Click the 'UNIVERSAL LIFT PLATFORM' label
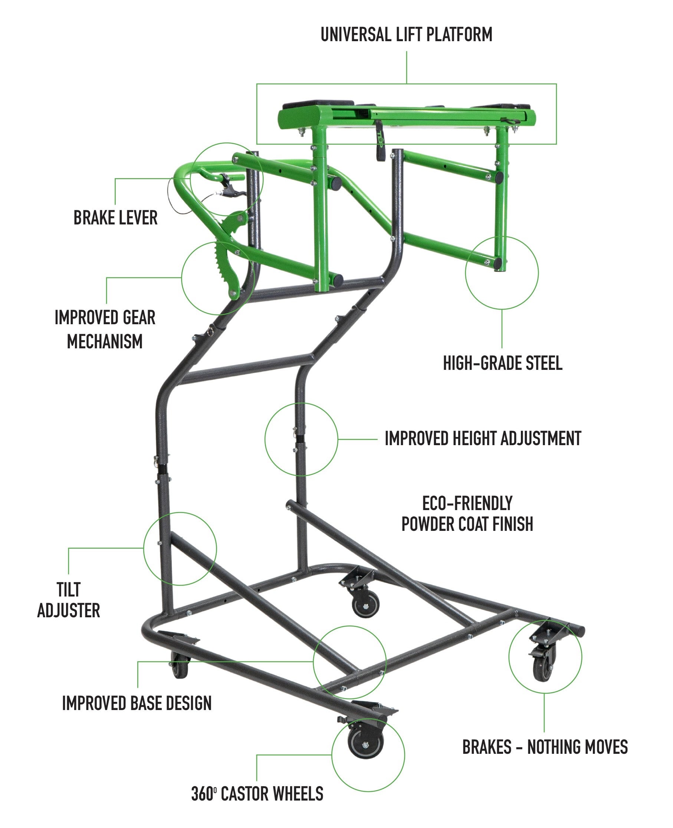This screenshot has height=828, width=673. (x=406, y=34)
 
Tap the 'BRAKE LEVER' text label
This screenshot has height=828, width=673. (x=115, y=217)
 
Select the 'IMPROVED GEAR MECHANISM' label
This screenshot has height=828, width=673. (x=105, y=329)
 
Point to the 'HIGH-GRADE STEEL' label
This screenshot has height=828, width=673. (x=502, y=363)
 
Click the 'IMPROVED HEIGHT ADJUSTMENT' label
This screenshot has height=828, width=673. (x=483, y=438)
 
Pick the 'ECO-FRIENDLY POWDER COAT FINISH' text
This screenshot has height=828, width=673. (x=467, y=514)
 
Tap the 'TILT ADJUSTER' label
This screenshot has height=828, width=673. (x=69, y=600)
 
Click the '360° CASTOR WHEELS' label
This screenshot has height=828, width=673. (x=257, y=793)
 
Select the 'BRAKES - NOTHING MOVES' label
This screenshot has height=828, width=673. (x=545, y=747)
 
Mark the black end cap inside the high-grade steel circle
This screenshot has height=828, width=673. (x=498, y=264)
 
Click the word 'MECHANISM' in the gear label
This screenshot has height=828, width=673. (x=105, y=341)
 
